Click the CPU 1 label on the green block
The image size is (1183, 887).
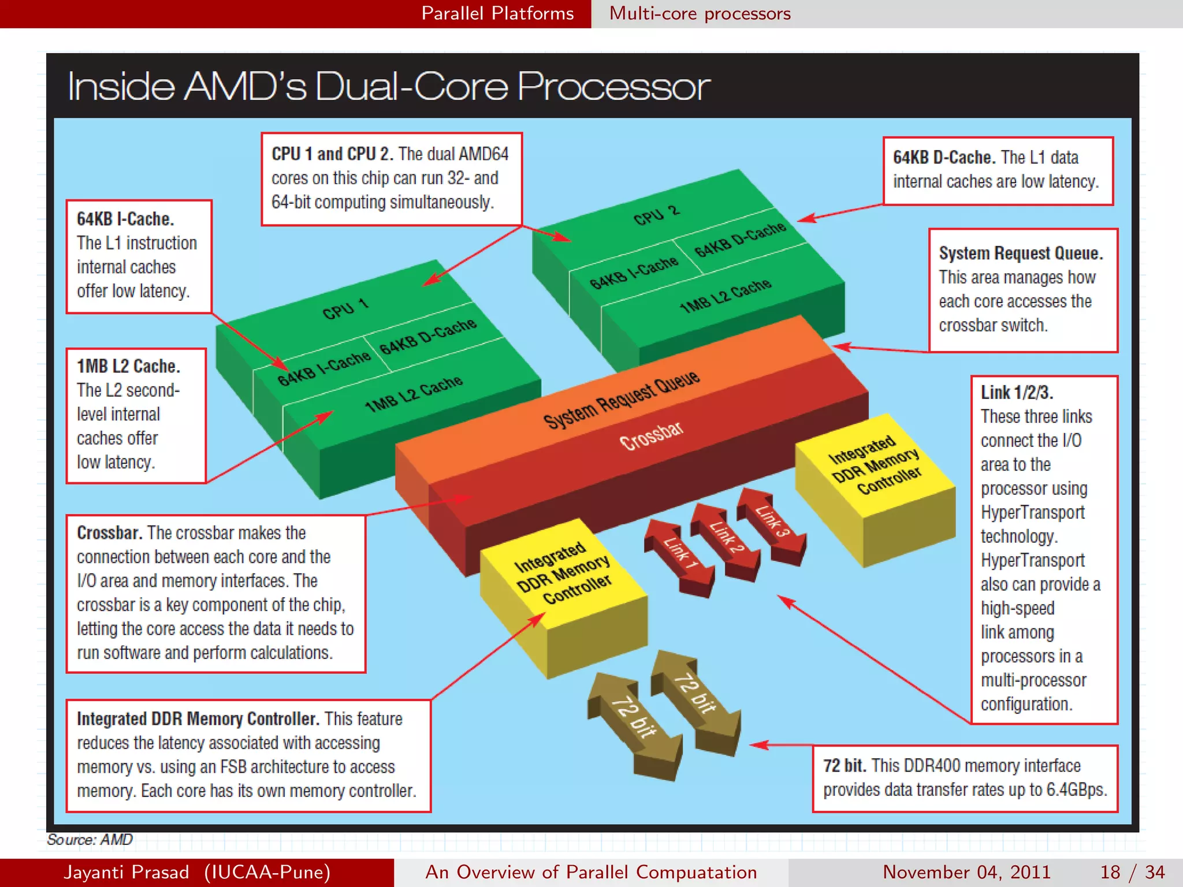[345, 309]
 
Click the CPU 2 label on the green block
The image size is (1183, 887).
[656, 215]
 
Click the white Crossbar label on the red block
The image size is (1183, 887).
[651, 436]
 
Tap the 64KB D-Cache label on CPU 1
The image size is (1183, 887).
[427, 336]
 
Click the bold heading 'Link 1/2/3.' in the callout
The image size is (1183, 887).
[1017, 393]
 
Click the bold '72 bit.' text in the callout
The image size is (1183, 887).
[845, 766]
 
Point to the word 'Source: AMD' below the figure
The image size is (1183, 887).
[90, 839]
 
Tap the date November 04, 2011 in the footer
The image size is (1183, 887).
[966, 872]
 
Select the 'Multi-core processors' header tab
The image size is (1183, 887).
[700, 13]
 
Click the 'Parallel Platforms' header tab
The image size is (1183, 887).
[497, 13]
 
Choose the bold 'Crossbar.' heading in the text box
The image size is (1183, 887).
[109, 532]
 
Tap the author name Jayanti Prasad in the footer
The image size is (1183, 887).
[127, 872]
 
